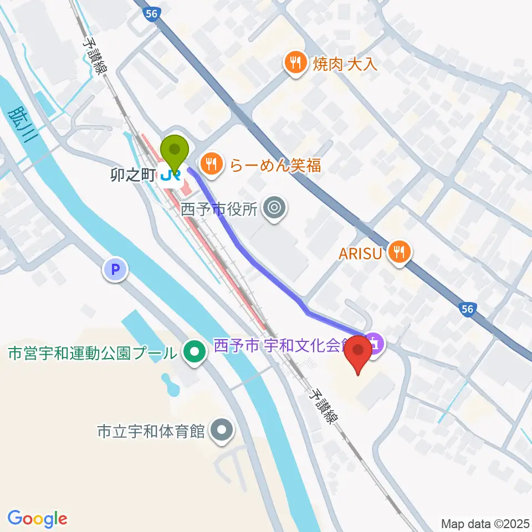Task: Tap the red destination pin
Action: pyautogui.click(x=360, y=353)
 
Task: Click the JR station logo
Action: pyautogui.click(x=170, y=177)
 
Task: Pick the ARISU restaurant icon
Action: pyautogui.click(x=399, y=253)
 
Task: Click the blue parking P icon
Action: pyautogui.click(x=115, y=270)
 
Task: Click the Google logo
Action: pyautogui.click(x=38, y=518)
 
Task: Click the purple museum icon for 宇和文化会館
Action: pyautogui.click(x=375, y=344)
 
